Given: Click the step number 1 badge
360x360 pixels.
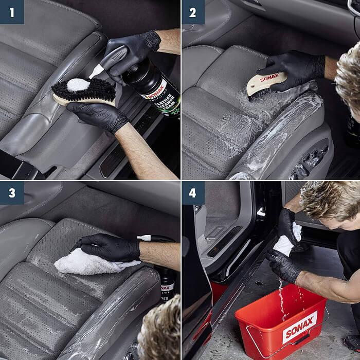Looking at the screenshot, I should (11, 11).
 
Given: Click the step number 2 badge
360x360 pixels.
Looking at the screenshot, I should (193, 12).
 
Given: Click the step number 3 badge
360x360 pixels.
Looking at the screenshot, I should (11, 194).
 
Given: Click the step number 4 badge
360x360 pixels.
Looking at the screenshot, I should (193, 194).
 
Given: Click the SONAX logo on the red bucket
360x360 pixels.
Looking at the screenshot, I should (299, 329).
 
